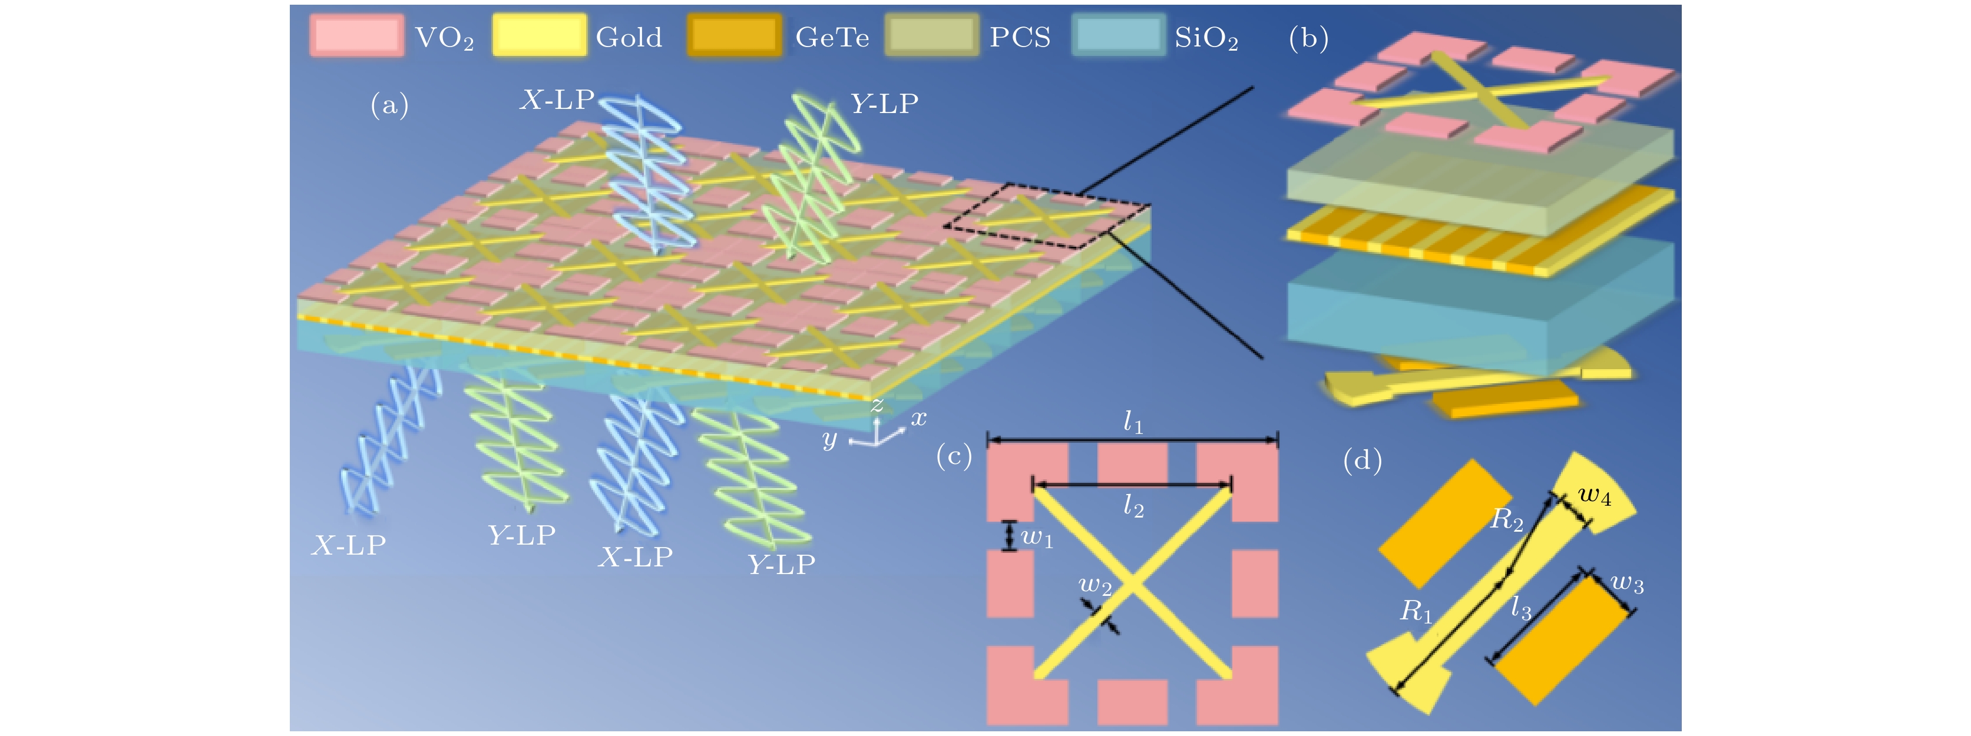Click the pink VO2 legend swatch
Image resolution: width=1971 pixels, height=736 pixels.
point(356,36)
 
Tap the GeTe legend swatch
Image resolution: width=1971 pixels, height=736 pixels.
point(735,36)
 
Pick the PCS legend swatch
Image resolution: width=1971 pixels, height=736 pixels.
point(931,36)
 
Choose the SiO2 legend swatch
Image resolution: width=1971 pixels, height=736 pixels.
point(1118,36)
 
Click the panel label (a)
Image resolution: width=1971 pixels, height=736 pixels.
point(389,105)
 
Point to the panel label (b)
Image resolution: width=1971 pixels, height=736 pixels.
point(1308,38)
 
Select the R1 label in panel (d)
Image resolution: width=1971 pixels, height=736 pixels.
point(1416,611)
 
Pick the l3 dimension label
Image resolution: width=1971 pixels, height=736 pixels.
point(1521,609)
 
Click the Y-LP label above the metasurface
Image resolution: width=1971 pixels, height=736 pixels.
point(885,103)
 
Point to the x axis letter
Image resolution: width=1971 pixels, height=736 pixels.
point(918,417)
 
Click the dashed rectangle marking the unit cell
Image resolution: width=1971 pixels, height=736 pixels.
point(1047,216)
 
